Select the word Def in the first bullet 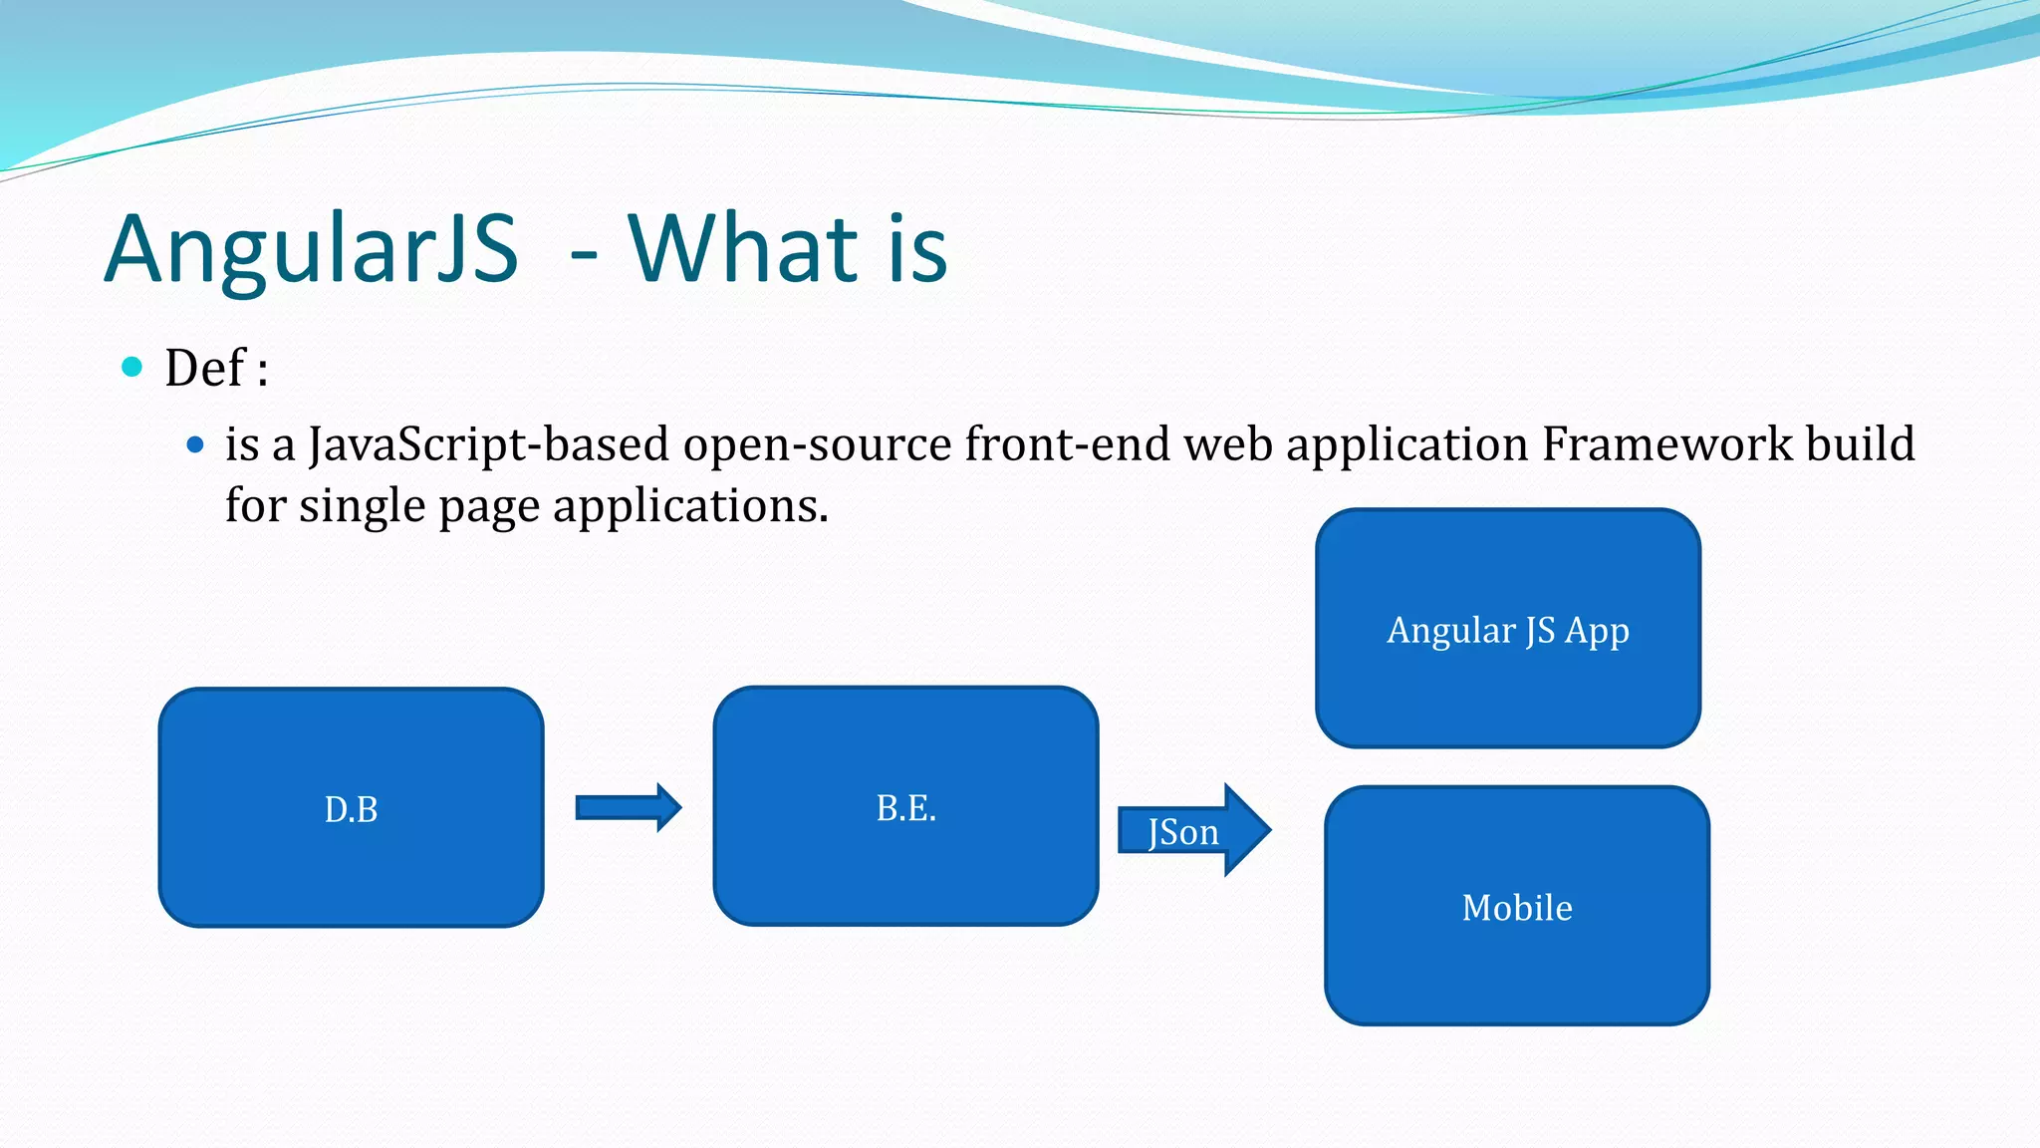[204, 368]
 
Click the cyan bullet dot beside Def [131, 367]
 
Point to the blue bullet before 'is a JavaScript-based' [195, 444]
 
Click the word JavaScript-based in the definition [488, 444]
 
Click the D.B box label [351, 809]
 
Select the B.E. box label [905, 808]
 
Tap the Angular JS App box [1507, 630]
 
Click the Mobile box [1517, 907]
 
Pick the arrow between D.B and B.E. [629, 807]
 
